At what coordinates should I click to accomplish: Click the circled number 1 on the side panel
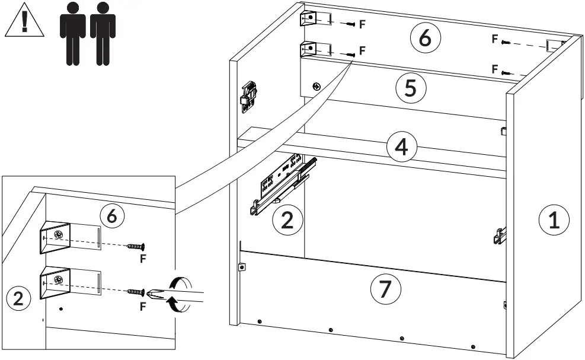[553, 221]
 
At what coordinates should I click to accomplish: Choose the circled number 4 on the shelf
[401, 146]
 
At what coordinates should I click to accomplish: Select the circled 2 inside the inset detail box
[18, 298]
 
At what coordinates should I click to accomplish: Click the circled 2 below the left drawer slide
[287, 220]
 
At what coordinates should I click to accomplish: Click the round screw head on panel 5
[317, 87]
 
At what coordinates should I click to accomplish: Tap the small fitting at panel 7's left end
[241, 267]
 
